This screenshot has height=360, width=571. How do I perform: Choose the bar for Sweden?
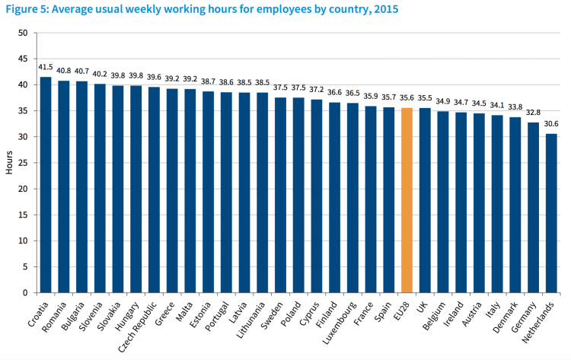coord(281,195)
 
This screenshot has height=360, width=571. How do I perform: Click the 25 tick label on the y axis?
coord(22,163)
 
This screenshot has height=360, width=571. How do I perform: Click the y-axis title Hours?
coord(9,162)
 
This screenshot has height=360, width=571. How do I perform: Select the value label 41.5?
coord(46,68)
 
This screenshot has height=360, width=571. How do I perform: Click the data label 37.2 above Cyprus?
coord(317,90)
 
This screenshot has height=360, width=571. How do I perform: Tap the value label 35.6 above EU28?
coord(407,98)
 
